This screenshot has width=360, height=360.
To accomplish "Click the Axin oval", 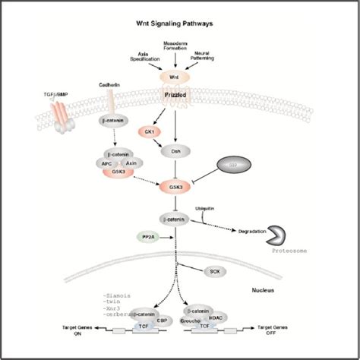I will tap(132, 162).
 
